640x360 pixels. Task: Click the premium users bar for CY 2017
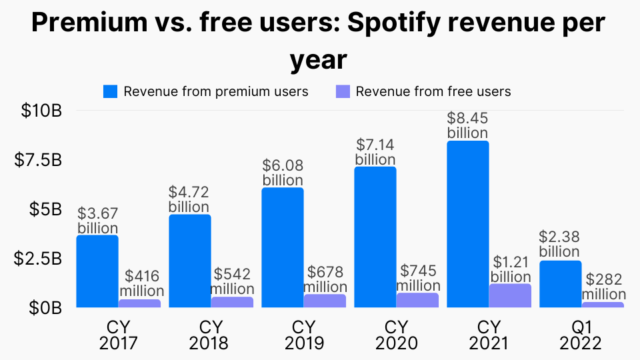tap(97, 271)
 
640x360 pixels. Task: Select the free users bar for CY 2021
tap(510, 296)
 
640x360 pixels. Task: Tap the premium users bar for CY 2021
tap(467, 224)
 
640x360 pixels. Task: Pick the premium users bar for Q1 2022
tap(560, 284)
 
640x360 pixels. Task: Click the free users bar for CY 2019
tap(325, 301)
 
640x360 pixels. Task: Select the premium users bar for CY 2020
tap(375, 237)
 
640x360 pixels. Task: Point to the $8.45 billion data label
tap(467, 125)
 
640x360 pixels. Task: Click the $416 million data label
tap(141, 283)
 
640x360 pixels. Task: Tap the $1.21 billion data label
tap(511, 269)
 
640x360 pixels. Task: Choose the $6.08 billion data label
tap(283, 173)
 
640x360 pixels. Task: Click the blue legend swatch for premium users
tap(110, 91)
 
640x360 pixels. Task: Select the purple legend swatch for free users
tap(342, 91)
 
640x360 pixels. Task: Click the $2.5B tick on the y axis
tap(38, 259)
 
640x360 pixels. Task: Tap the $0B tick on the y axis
tap(46, 308)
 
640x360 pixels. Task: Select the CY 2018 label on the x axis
tap(208, 335)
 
